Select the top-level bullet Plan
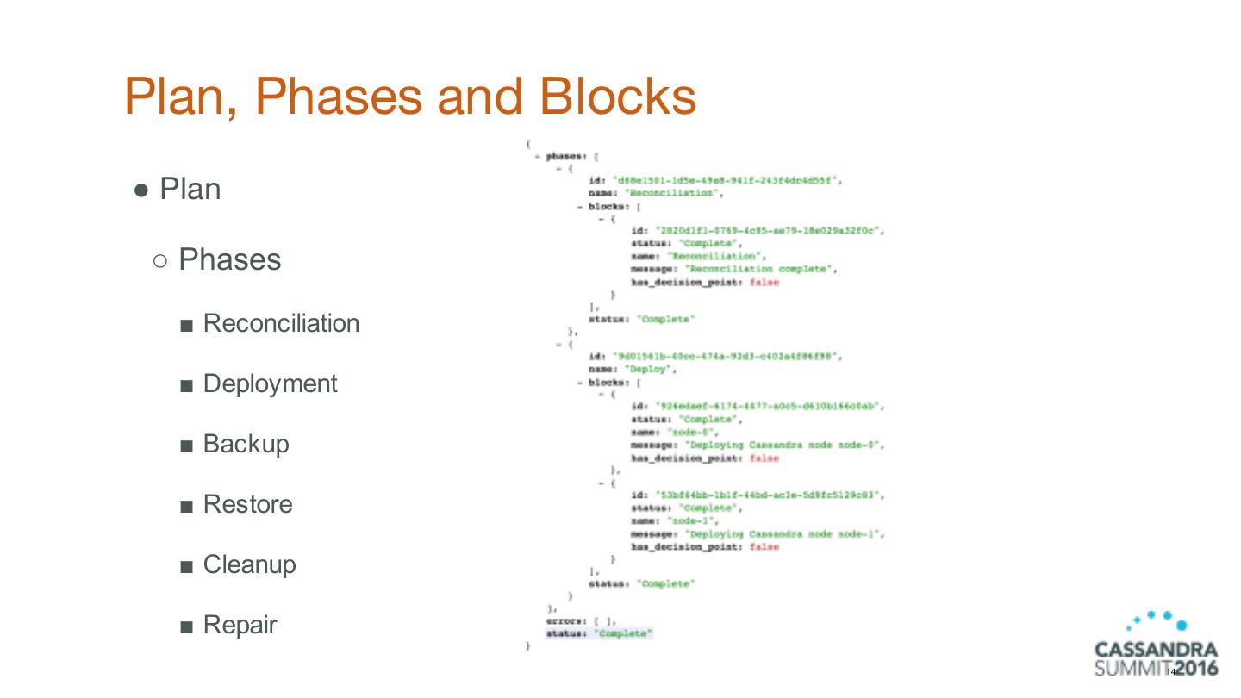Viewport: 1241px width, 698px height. click(190, 189)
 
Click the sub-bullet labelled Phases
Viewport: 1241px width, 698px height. click(229, 259)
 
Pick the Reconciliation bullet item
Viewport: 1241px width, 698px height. click(281, 323)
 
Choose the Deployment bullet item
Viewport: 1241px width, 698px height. click(270, 383)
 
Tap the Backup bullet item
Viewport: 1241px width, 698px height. click(246, 444)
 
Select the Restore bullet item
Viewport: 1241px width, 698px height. click(247, 504)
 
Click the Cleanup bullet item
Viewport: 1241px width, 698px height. click(249, 564)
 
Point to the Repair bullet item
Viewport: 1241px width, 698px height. click(240, 625)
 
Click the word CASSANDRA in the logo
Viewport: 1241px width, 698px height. click(1156, 649)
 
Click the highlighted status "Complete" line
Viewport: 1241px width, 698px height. click(599, 633)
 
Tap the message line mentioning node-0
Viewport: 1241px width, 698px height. click(758, 445)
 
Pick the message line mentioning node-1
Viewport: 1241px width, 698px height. click(758, 534)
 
